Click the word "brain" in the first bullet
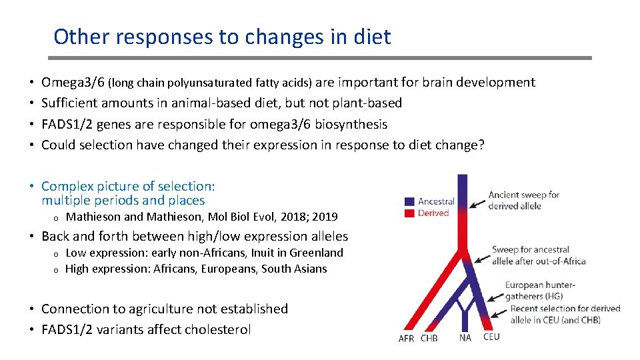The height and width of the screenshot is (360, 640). (x=439, y=83)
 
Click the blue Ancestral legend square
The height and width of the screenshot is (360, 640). (x=410, y=201)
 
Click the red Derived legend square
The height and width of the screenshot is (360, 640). (x=410, y=213)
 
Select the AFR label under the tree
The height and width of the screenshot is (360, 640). (x=406, y=338)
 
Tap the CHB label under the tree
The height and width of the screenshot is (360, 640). (x=429, y=338)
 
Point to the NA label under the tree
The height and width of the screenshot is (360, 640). (x=465, y=338)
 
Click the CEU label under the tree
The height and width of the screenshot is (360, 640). (x=491, y=337)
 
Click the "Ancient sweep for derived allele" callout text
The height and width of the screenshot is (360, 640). (x=524, y=200)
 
